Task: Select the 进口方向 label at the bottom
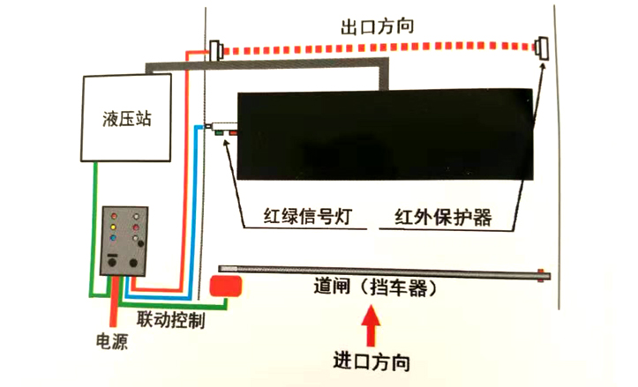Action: pos(371,361)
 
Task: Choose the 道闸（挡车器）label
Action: pos(376,287)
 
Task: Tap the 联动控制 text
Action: pos(171,319)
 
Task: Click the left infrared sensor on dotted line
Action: pos(216,50)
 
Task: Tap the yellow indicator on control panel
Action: pos(113,227)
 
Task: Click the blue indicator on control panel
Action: pos(113,237)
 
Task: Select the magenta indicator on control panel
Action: pos(136,227)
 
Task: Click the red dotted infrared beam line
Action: pos(379,49)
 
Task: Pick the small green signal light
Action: pos(218,134)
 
